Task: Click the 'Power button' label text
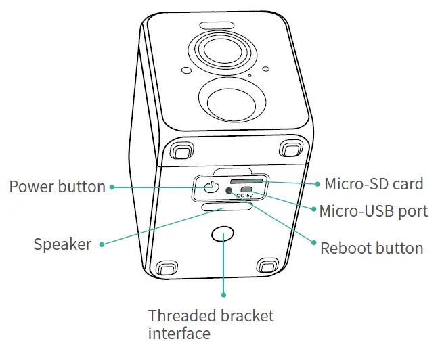coord(57,187)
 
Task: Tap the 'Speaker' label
coord(62,244)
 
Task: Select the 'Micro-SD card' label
coord(374,184)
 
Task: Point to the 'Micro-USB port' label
coord(373,211)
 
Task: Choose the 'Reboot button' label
coord(371,248)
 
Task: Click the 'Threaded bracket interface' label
coord(211,324)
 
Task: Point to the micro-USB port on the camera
coord(247,189)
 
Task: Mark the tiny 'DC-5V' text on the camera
coord(245,196)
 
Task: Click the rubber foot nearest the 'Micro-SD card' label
coord(292,147)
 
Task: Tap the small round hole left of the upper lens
coord(184,69)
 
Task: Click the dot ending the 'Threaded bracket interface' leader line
coord(223,294)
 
